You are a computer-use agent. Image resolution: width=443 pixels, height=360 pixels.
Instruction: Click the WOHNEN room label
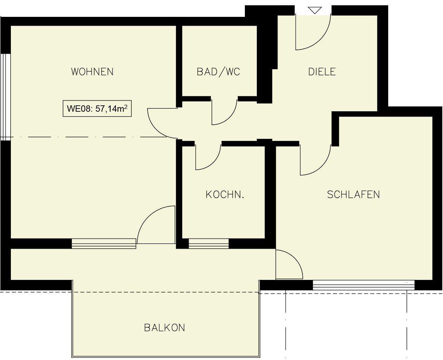92,72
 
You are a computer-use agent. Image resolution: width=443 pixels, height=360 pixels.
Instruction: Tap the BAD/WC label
218,72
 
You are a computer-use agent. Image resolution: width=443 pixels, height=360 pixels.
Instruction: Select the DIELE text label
322,72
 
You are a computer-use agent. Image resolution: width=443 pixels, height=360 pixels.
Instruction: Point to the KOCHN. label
225,194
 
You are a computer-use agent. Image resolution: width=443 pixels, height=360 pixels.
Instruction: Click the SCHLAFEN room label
353,194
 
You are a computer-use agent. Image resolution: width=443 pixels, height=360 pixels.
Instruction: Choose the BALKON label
164,328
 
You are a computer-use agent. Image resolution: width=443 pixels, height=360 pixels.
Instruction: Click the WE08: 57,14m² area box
97,109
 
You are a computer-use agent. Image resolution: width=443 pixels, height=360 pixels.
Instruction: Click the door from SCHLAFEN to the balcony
289,264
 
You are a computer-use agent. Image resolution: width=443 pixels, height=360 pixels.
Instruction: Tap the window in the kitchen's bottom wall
209,243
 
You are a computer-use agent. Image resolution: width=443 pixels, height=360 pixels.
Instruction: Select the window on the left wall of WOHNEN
5,97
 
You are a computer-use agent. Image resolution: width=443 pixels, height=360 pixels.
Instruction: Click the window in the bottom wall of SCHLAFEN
363,285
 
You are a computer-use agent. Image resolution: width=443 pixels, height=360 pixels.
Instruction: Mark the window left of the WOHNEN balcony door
104,243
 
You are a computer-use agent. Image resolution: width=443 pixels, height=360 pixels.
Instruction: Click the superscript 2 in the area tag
126,106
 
